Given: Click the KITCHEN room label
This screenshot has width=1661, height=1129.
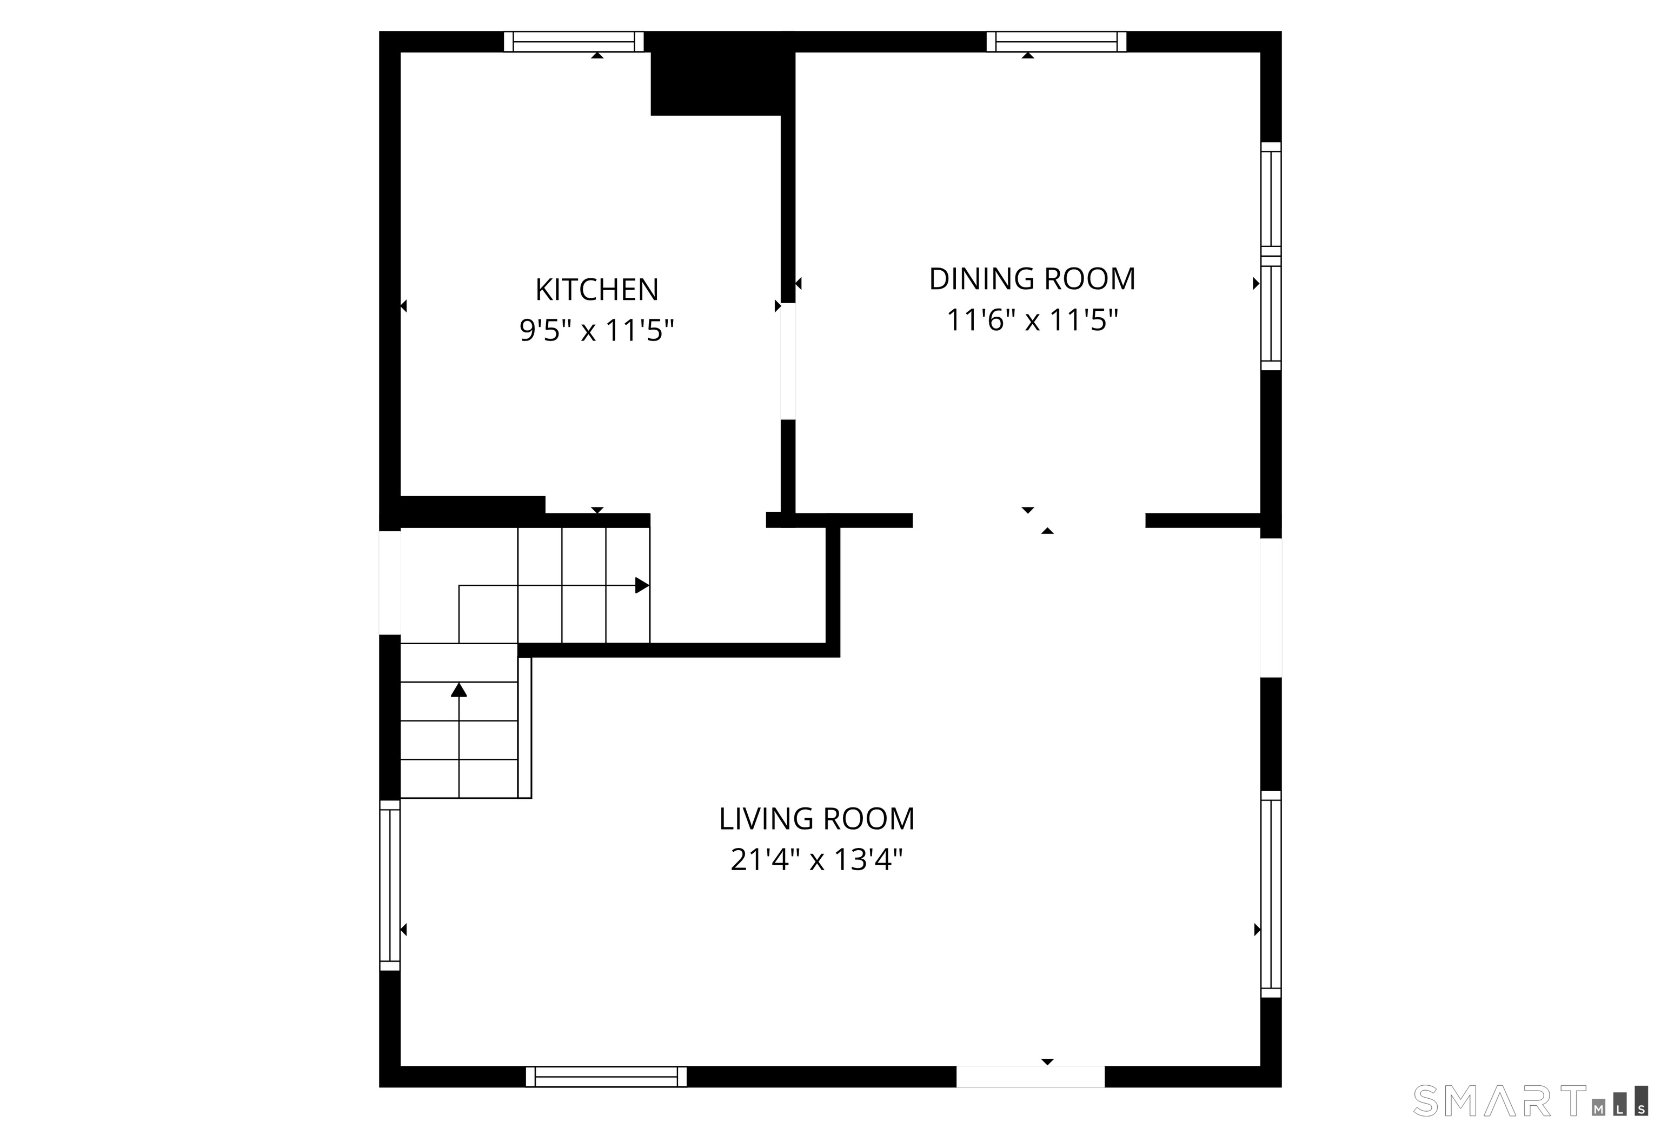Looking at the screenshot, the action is pos(597,289).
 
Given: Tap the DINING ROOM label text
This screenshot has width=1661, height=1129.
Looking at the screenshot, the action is pos(1032,279).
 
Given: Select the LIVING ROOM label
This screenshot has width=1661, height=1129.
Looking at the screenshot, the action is pos(817,819).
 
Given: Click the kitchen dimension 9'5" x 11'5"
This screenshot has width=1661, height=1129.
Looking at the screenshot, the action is pos(597,330).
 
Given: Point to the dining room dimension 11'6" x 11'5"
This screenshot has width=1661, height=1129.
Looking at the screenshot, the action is pos(1032,319).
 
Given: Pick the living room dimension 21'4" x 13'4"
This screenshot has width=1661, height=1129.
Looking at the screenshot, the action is pos(817,860).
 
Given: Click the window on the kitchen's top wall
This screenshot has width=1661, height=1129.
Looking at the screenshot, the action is pos(574,42).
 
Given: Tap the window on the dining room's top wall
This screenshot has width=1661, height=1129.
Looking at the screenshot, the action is pos(1057,42).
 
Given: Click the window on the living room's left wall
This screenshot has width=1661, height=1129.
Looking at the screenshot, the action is pos(389,885).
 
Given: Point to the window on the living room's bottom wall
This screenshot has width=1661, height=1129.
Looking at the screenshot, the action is pos(606,1077).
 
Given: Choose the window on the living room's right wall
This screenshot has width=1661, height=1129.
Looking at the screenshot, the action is pos(1271,894).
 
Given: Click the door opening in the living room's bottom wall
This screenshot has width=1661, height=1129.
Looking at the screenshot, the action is pos(1031,1077).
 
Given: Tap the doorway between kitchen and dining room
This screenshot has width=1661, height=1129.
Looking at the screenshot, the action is pos(788,362).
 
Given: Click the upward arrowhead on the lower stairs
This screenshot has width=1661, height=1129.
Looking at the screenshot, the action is pos(459,690).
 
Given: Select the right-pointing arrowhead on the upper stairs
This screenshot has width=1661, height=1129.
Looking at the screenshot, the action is pos(642,585).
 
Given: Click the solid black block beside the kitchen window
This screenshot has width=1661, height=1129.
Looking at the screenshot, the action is pos(722,74).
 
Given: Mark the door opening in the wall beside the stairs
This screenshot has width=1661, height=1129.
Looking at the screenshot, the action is pos(389,583).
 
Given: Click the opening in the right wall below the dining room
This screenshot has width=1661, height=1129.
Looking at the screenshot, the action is pos(1271,607).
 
